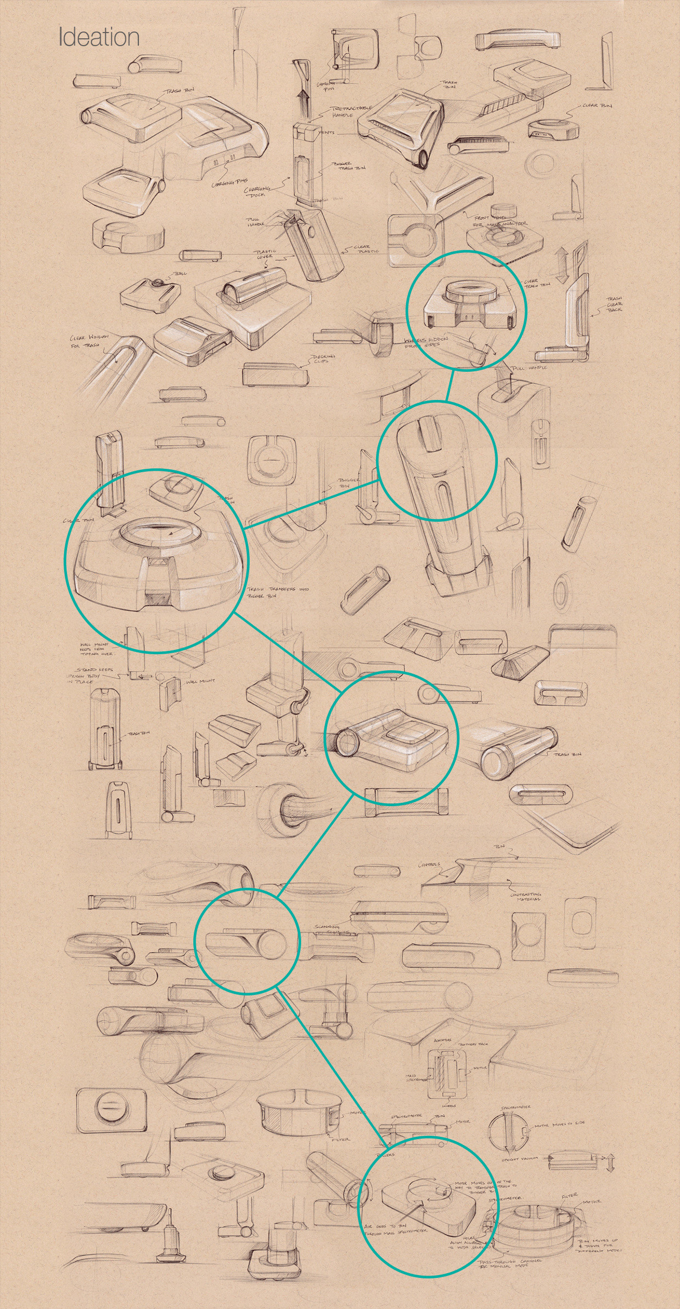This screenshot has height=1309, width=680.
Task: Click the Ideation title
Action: (x=99, y=37)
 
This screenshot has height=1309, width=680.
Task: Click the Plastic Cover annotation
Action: (x=265, y=253)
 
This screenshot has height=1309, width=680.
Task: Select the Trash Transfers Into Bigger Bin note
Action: (x=278, y=593)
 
